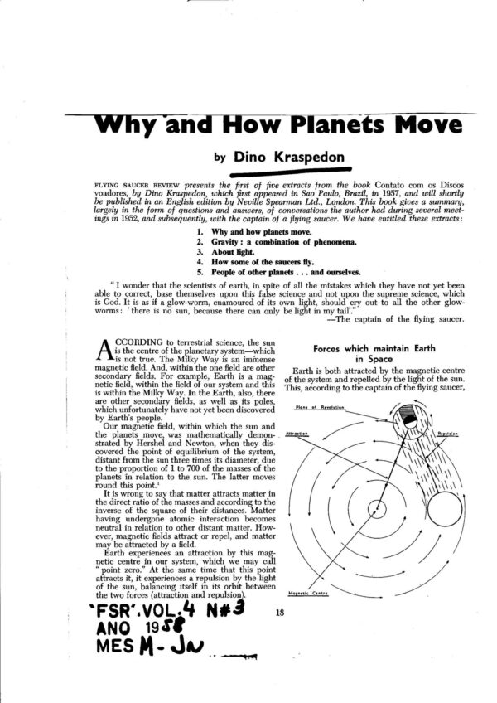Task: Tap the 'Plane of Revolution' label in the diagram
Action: tap(311, 407)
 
